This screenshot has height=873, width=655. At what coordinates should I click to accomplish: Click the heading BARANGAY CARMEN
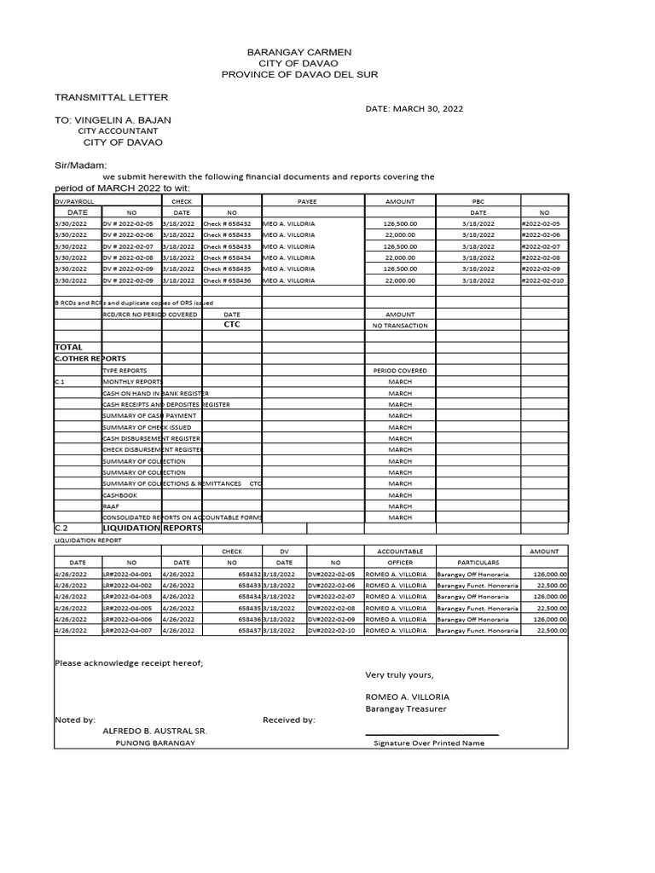299,52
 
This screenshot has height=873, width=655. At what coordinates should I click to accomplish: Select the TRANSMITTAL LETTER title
111,98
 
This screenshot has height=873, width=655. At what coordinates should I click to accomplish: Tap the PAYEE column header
306,201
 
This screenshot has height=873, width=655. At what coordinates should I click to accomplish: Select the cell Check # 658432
227,223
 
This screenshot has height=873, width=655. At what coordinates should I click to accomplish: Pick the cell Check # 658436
227,280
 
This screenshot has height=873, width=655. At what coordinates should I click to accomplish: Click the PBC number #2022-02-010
543,280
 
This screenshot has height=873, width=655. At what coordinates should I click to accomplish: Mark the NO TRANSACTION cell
400,326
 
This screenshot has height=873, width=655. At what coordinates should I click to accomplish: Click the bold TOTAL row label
69,348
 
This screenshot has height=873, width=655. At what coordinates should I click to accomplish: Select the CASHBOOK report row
119,494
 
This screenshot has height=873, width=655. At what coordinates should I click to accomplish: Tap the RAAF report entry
111,506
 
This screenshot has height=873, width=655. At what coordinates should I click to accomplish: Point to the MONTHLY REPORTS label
131,382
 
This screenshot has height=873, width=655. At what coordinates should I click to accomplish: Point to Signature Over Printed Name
429,743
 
